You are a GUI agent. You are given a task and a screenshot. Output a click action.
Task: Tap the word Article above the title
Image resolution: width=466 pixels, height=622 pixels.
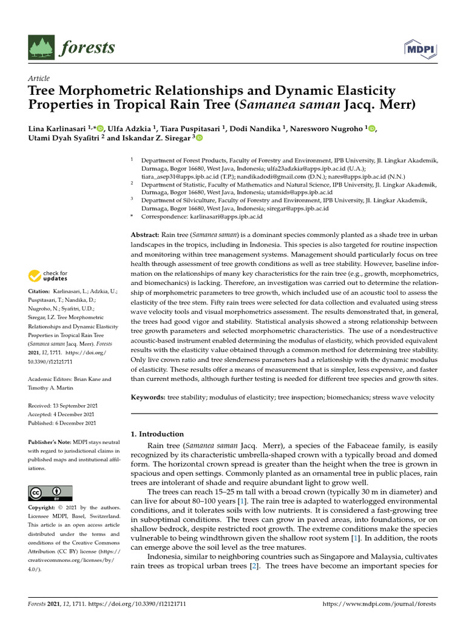(39, 79)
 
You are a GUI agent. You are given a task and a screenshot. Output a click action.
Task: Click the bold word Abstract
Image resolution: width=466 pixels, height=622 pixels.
(146, 234)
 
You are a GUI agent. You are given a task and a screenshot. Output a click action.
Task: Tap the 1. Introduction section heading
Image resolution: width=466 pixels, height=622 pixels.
(157, 434)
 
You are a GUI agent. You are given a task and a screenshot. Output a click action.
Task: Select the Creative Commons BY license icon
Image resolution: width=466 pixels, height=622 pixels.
(50, 493)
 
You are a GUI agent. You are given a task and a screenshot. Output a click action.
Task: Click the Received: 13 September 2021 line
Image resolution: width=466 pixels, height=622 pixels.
(62, 405)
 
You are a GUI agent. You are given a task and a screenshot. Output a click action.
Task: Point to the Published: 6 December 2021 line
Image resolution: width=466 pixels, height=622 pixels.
(62, 423)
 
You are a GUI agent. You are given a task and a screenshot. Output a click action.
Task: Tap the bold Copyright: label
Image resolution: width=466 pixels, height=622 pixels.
(43, 507)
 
